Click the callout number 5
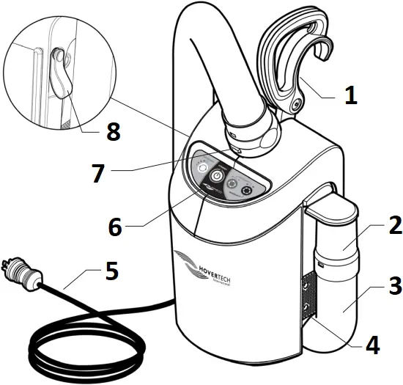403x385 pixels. (111, 271)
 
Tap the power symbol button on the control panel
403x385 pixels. (218, 177)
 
